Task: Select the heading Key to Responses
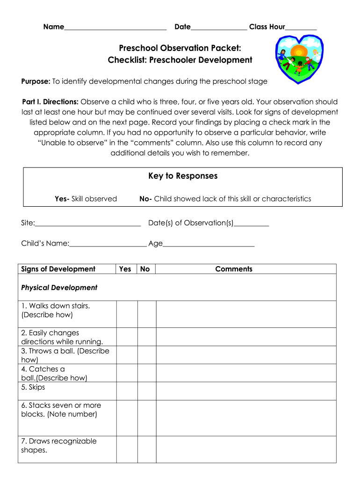pos(183,176)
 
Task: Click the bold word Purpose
pos(36,81)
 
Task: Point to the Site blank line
pos(88,224)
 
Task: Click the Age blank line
pos(209,244)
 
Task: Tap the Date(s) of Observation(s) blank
pos(251,224)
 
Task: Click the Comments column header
pos(234,269)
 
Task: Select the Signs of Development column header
pos(58,269)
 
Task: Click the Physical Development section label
pos(59,288)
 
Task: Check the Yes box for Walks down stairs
pos(127,314)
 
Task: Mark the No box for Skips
pos(146,391)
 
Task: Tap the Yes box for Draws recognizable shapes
pos(127,450)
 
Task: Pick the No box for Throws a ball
pos(146,355)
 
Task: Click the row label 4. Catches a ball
pos(54,373)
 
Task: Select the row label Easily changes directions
pos(62,337)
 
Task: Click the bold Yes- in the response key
pos(62,199)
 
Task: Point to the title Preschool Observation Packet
pos(180,48)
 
